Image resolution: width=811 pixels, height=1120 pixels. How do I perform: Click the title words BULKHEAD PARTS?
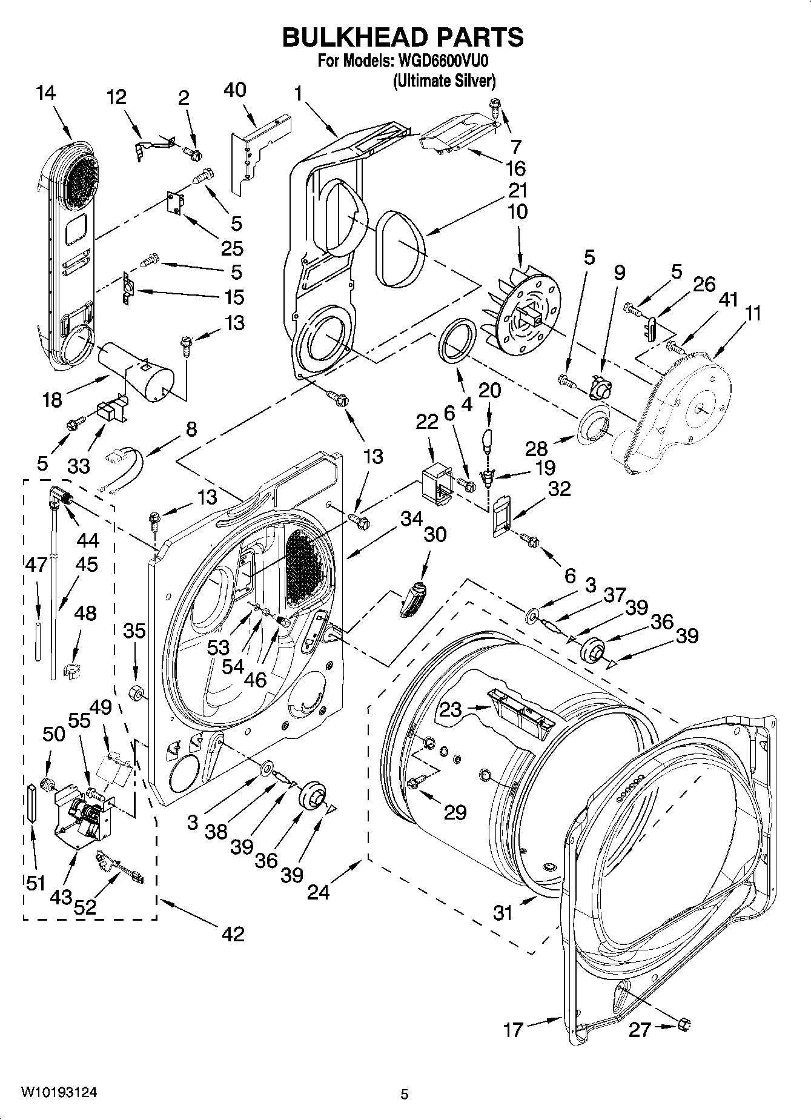click(x=403, y=38)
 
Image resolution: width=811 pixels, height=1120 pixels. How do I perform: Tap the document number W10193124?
click(x=59, y=1093)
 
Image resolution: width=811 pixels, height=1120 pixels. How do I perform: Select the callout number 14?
click(x=45, y=93)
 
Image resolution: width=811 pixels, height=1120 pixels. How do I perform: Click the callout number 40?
click(x=235, y=90)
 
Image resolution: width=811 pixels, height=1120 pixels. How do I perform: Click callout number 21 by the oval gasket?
click(x=517, y=191)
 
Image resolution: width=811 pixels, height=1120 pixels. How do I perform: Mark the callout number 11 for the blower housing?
click(x=753, y=314)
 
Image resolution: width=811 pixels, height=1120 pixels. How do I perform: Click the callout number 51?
click(x=36, y=883)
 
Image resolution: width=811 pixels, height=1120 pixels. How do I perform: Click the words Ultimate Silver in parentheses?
click(x=445, y=80)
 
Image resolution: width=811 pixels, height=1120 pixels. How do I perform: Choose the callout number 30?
click(x=435, y=534)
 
